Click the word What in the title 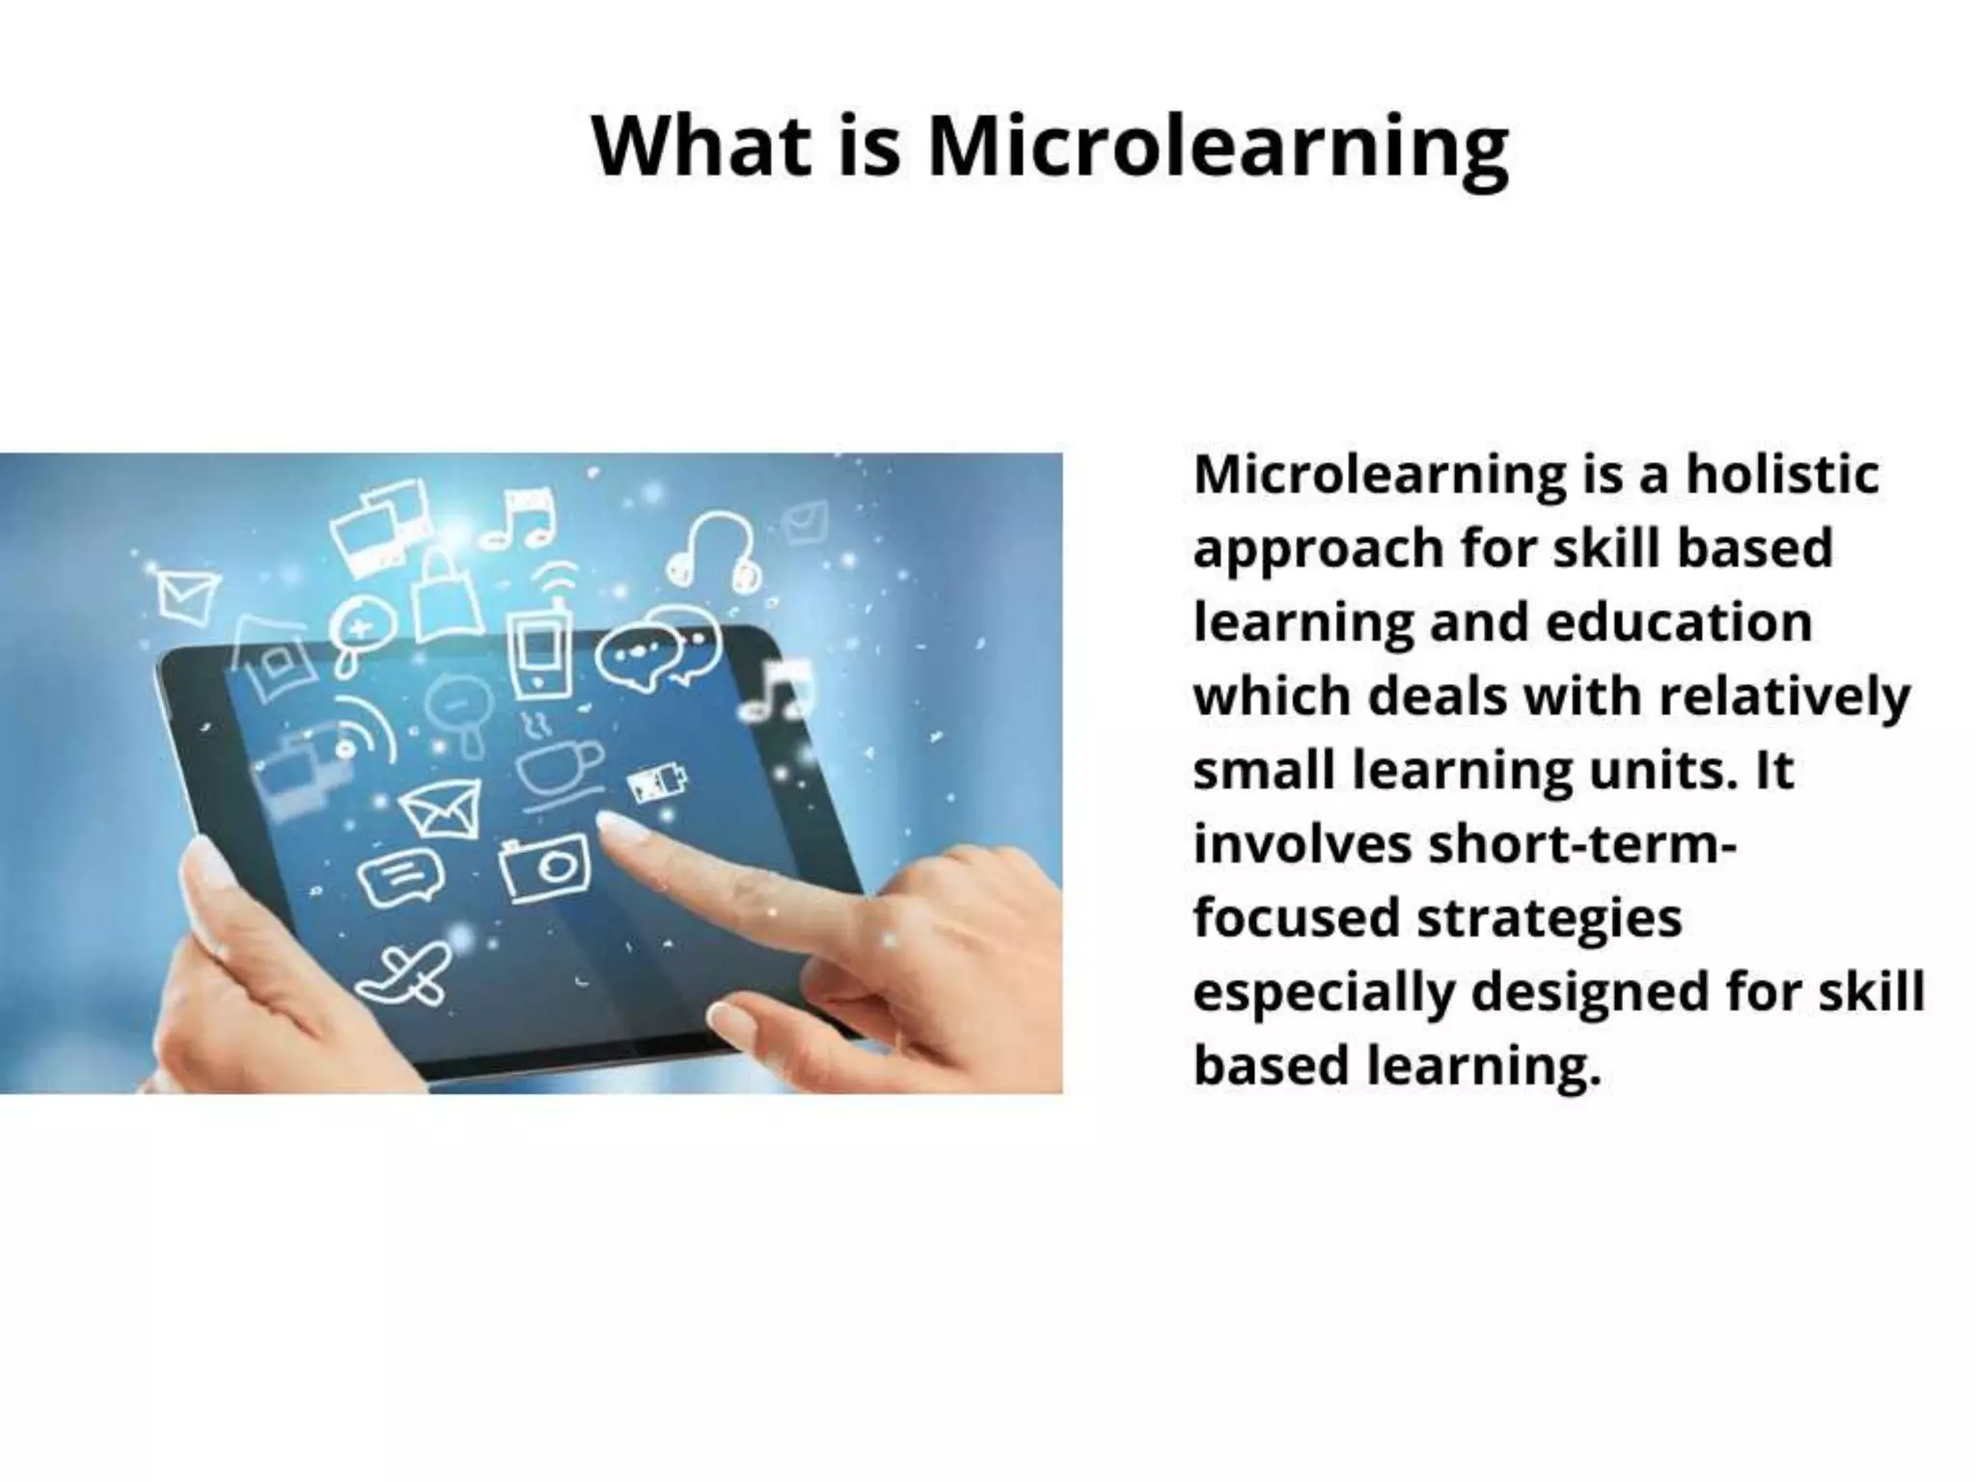701,146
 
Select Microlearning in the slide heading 1218,148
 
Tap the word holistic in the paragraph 1782,475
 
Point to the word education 1679,622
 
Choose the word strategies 1549,918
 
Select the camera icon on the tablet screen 545,866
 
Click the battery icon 659,785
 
